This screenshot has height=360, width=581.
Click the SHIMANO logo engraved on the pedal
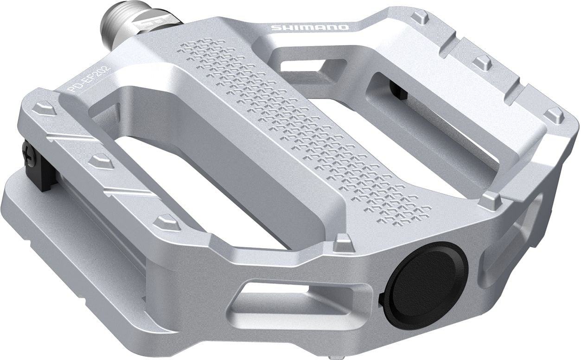(310, 27)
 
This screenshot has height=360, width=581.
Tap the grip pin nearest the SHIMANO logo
(420, 18)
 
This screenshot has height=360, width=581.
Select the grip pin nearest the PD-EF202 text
(45, 109)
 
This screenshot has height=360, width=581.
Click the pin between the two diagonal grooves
(101, 161)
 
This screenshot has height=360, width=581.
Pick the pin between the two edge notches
(483, 62)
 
